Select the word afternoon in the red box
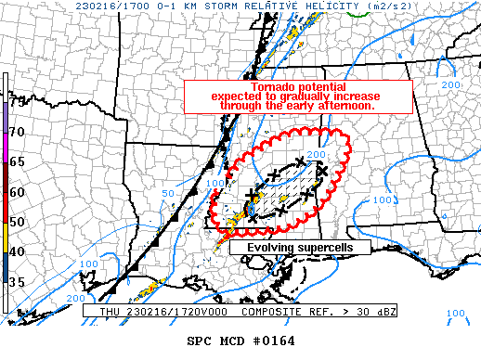coord(346,105)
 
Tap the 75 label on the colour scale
coord(17,103)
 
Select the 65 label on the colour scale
coord(17,162)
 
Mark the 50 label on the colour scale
coord(17,222)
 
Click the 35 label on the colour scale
coord(17,281)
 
